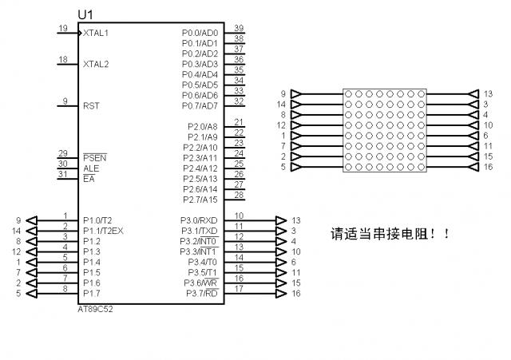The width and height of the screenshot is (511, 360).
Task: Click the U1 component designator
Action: tap(85, 14)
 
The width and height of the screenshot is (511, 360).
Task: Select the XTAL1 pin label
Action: tap(96, 34)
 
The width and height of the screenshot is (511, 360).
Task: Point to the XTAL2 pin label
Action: tap(96, 64)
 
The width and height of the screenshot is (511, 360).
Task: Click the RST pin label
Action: tap(91, 105)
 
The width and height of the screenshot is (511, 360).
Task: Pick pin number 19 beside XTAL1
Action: tap(63, 29)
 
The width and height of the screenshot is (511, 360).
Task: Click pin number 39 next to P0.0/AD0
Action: tap(239, 28)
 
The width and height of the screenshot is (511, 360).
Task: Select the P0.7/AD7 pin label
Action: tap(200, 106)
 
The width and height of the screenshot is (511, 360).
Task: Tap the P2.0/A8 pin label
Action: tap(202, 127)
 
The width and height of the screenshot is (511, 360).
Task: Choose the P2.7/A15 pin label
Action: tap(200, 200)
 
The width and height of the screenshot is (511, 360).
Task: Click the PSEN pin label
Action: tap(95, 158)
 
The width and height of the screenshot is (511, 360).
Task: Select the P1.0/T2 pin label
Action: tap(98, 220)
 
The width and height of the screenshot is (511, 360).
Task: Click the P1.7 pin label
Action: tap(92, 293)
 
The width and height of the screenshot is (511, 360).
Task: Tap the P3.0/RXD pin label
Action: tap(199, 220)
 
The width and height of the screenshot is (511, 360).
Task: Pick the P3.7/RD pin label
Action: tap(200, 293)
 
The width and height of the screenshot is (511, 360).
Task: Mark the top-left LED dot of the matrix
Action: tap(350, 94)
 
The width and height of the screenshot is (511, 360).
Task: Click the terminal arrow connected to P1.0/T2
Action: tap(31, 220)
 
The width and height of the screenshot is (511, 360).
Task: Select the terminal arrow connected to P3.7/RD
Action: tap(280, 293)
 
